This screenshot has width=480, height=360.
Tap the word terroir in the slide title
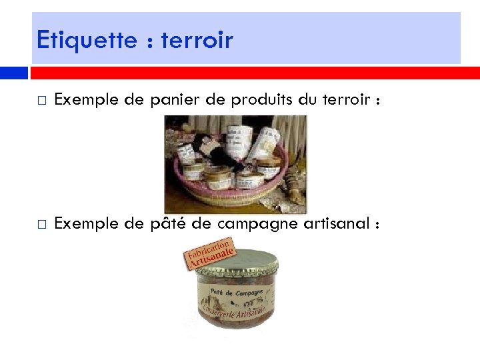pyautogui.click(x=197, y=40)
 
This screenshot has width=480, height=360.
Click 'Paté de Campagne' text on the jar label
pyautogui.click(x=235, y=291)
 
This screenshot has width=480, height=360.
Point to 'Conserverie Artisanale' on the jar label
pyautogui.click(x=235, y=311)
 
